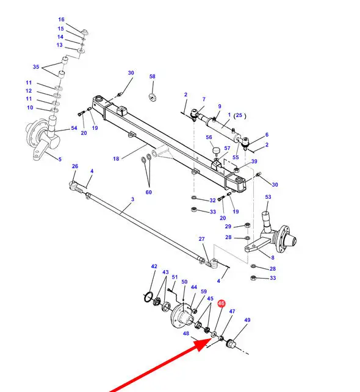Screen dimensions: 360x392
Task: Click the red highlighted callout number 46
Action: click(x=221, y=304)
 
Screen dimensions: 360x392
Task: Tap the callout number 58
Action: click(x=153, y=76)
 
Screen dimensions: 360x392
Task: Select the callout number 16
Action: click(x=61, y=20)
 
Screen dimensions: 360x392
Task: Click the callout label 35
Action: click(x=36, y=66)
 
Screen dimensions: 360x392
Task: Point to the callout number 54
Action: click(x=74, y=128)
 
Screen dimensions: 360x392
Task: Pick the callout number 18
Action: click(x=116, y=159)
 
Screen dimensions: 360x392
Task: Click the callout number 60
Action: click(x=149, y=192)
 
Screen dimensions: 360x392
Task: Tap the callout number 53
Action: click(x=268, y=197)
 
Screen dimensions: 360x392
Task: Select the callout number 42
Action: click(x=154, y=266)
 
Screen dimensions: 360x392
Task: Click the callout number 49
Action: click(x=247, y=319)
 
